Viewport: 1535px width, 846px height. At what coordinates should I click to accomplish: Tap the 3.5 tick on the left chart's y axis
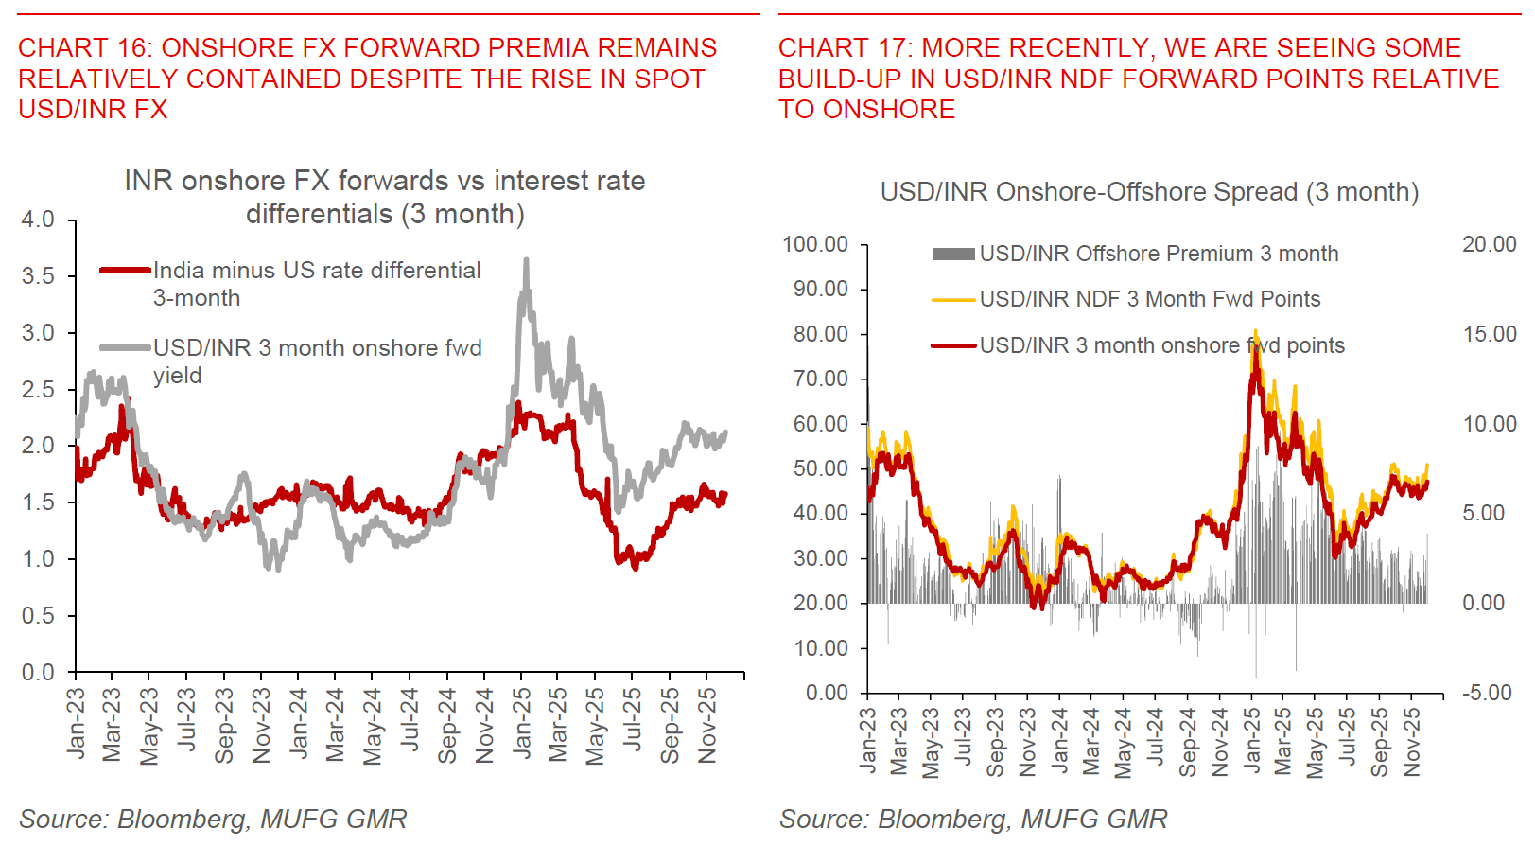pyautogui.click(x=38, y=276)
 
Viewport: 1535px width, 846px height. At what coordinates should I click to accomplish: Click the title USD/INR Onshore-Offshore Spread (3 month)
pyautogui.click(x=1149, y=192)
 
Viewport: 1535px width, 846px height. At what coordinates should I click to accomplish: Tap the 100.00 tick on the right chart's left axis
pyautogui.click(x=814, y=244)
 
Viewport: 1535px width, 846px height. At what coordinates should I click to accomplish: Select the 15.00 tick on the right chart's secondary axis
pyautogui.click(x=1489, y=334)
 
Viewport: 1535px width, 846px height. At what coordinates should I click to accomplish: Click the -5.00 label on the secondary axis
pyautogui.click(x=1487, y=693)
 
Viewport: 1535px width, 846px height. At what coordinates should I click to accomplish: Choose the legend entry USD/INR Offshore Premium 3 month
pyautogui.click(x=1158, y=254)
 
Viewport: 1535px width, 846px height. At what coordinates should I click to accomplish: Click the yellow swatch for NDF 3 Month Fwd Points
pyautogui.click(x=952, y=300)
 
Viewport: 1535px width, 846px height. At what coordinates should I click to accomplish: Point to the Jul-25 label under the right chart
pyautogui.click(x=1347, y=737)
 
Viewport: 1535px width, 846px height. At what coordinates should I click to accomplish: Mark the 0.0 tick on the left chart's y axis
pyautogui.click(x=38, y=673)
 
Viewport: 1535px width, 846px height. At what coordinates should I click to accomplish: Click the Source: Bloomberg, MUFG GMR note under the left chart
pyautogui.click(x=213, y=819)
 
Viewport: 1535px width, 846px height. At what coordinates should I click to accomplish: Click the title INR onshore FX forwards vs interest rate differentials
pyautogui.click(x=385, y=197)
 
